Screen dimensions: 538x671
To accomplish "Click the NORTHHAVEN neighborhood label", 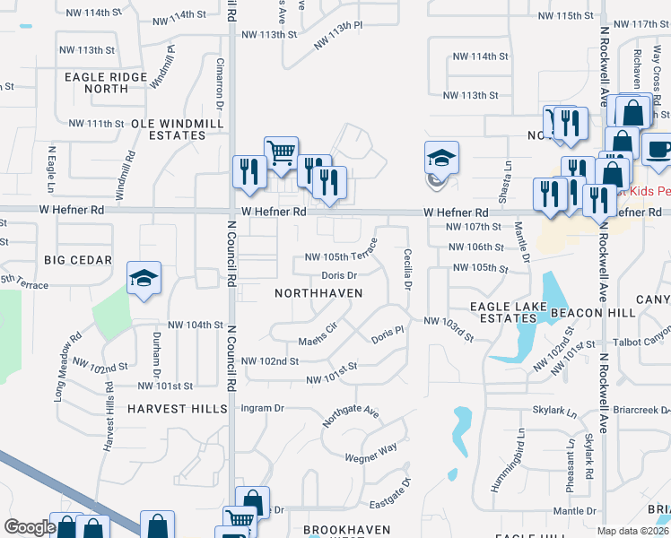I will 319,293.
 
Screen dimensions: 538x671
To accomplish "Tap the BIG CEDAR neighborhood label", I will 78,260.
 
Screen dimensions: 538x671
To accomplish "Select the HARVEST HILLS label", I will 177,409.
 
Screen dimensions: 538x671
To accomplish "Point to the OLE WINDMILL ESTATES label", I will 169,128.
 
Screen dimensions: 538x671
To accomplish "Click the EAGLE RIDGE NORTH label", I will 106,83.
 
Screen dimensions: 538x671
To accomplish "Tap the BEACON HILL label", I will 593,312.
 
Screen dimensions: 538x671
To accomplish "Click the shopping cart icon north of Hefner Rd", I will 281,152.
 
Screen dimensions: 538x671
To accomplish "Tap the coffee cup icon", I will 657,150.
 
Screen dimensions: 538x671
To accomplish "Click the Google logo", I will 29,527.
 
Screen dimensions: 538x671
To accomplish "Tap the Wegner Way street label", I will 370,454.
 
